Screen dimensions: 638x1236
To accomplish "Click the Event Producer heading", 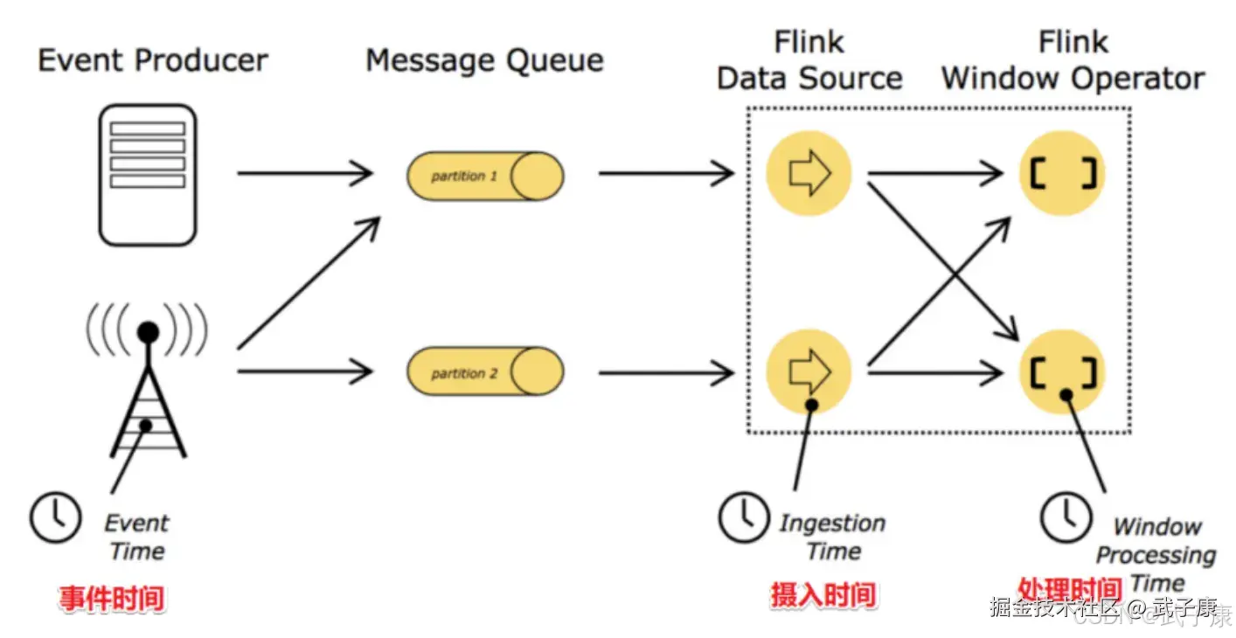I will (x=153, y=60).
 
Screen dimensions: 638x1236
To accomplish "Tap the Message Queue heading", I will (x=484, y=60).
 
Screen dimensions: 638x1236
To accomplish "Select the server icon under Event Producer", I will (x=147, y=175).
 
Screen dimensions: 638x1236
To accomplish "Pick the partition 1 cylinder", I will (x=484, y=176).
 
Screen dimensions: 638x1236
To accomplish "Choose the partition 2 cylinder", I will (x=484, y=373).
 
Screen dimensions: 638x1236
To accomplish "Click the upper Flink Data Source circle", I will (x=809, y=174).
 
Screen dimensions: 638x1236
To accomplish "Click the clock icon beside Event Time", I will (x=56, y=517).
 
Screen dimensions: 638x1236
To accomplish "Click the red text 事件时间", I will (x=112, y=599).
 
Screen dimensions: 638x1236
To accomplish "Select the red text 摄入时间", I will (x=823, y=595).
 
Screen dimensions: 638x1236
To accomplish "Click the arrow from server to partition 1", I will (x=306, y=174).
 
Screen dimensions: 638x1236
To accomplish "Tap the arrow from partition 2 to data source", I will (x=666, y=373).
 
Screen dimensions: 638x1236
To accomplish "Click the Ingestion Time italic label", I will (x=832, y=537).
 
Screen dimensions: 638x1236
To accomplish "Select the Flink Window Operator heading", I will (x=1073, y=60).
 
